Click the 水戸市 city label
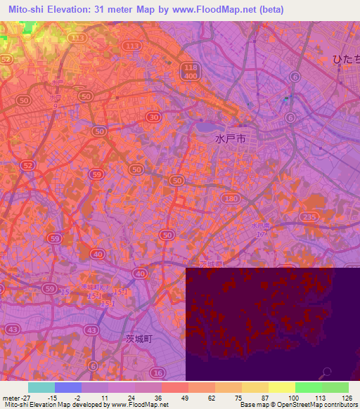230,139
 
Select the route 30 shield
153,116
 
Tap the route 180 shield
230,200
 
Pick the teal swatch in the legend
41,387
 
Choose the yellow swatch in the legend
281,387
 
